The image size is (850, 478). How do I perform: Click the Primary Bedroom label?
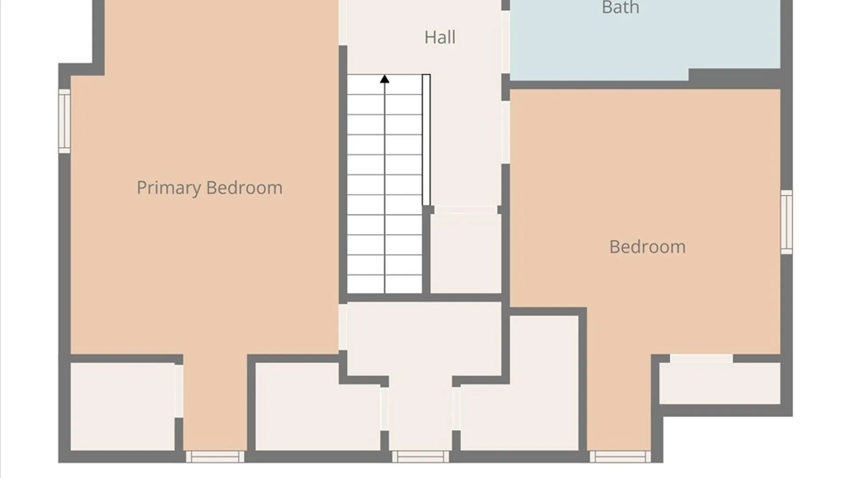[x=209, y=188]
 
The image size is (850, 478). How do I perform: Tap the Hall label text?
[x=440, y=37]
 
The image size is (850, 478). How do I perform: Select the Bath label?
[x=620, y=8]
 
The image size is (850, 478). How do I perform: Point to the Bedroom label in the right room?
[x=647, y=247]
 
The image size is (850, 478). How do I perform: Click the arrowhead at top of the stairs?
[x=384, y=79]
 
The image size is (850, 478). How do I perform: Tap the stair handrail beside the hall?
[x=426, y=140]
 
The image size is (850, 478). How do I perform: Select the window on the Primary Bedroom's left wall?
[x=65, y=121]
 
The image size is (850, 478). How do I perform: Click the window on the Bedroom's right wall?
[x=786, y=222]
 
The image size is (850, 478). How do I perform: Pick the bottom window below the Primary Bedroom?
[x=215, y=456]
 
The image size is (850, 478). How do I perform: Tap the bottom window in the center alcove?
[x=421, y=456]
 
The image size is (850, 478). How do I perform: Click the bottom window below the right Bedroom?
[x=620, y=456]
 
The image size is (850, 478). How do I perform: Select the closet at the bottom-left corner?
[x=123, y=407]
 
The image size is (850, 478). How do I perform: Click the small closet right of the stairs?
[x=466, y=254]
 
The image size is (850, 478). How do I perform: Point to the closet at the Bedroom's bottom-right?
[x=720, y=383]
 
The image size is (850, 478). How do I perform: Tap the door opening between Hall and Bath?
[x=506, y=42]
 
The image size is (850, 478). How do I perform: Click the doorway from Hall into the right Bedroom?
[x=506, y=132]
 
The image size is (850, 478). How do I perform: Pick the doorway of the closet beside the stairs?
[x=466, y=210]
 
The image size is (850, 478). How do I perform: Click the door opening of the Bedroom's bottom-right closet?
[x=701, y=358]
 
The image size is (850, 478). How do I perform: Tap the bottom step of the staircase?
[x=384, y=284]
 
